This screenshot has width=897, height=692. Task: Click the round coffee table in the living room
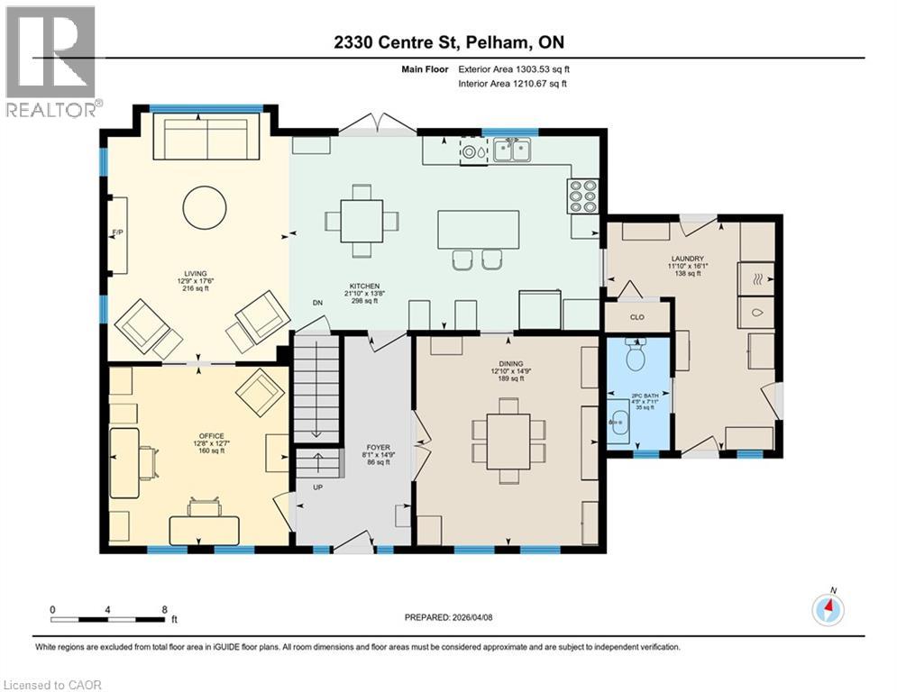pos(205,208)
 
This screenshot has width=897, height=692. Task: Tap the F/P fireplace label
pos(116,233)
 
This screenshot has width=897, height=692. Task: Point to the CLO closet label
pos(636,317)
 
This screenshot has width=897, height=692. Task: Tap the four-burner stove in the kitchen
pos(582,195)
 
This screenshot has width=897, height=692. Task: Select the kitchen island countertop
pos(479,229)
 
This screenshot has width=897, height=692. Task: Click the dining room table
pos(508,441)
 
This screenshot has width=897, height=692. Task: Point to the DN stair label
pos(316,304)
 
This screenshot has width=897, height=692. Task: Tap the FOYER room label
pos(378,447)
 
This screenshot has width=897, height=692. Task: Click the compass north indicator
pos(828,610)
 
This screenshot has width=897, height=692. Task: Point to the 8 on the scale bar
pos(163,610)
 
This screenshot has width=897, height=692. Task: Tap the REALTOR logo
pos(52,63)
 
